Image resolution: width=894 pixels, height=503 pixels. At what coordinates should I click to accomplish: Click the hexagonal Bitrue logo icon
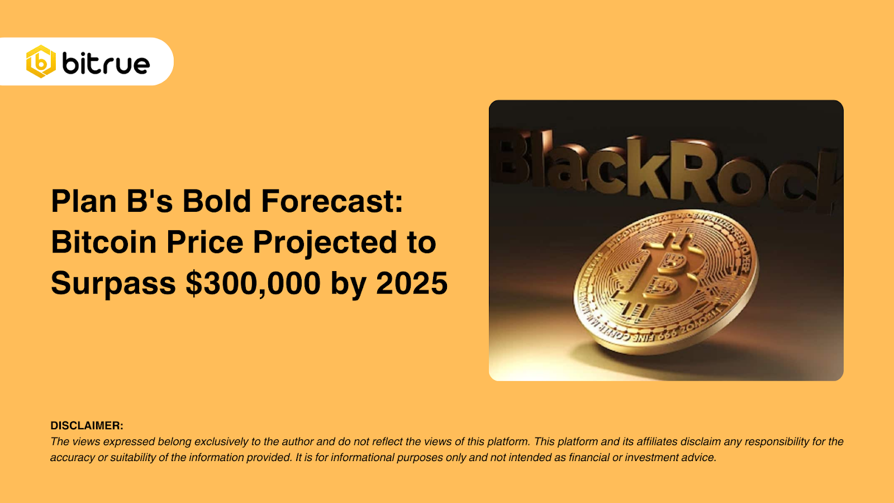pos(41,61)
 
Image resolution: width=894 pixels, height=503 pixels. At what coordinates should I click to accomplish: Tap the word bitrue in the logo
pos(106,64)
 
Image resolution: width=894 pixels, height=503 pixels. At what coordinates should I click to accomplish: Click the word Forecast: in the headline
pos(332,201)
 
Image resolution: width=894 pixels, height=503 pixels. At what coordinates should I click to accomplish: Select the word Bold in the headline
pos(216,201)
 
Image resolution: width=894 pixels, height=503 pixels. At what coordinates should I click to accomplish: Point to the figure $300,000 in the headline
pos(253,283)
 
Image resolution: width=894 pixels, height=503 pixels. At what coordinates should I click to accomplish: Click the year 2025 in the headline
pos(412,283)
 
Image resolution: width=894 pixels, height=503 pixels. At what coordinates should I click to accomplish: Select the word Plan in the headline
pos(84,201)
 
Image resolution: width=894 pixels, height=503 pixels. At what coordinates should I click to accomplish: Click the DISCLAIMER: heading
pos(87,425)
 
